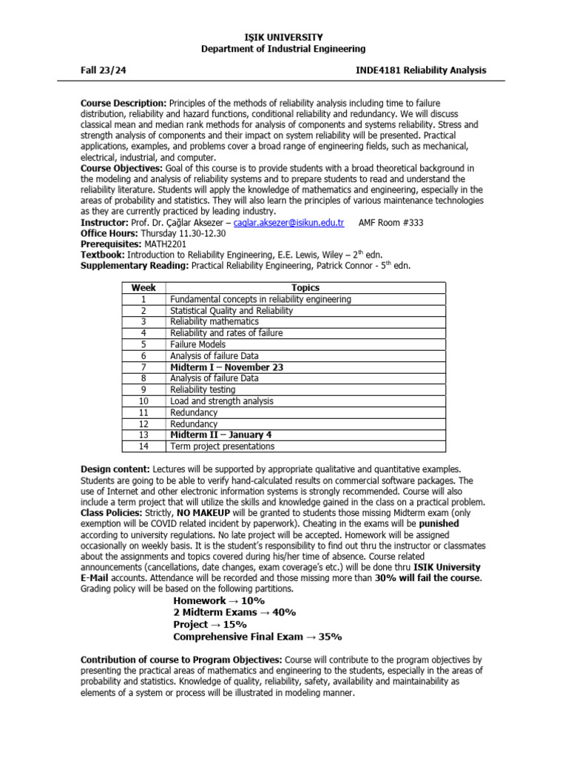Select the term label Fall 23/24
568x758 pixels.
(x=104, y=70)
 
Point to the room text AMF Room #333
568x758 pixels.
(x=390, y=223)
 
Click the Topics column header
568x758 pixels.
(x=305, y=288)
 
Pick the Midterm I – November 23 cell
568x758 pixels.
(x=226, y=367)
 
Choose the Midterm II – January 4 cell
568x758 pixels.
(x=221, y=435)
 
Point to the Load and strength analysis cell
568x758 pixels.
(x=221, y=401)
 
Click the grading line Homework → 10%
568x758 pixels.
(x=219, y=601)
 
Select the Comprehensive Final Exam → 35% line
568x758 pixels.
(x=257, y=637)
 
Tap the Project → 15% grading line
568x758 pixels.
(x=210, y=625)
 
